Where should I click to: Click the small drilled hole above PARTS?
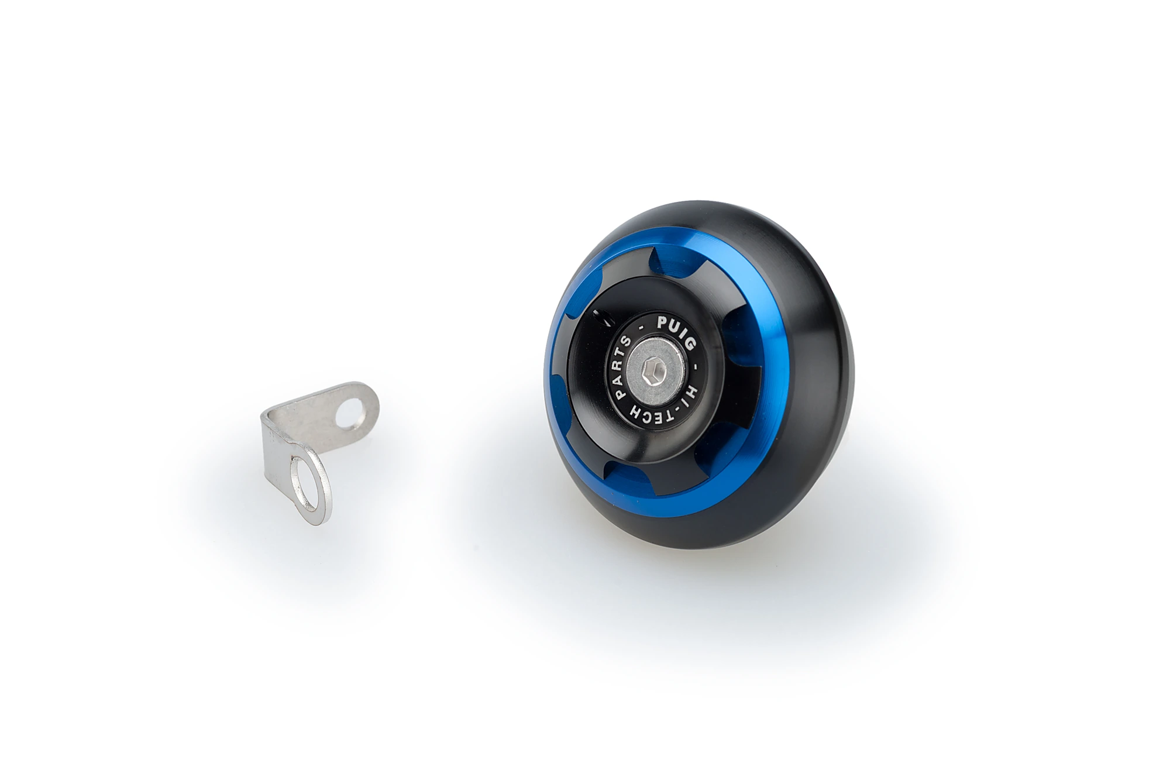(601, 318)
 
